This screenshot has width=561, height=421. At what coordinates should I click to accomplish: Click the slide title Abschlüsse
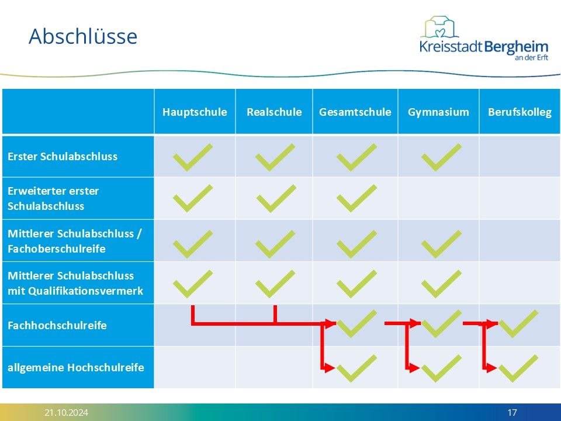(x=83, y=36)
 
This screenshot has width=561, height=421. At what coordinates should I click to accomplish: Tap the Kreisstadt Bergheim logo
(x=484, y=39)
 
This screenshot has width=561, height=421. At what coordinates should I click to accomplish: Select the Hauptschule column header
(x=195, y=112)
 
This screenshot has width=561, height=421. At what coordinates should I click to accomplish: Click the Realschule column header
(x=274, y=112)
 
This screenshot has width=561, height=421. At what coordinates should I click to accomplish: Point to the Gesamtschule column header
(x=355, y=112)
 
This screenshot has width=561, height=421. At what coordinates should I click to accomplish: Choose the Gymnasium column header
(x=438, y=112)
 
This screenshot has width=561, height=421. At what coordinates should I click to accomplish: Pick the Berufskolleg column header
(x=520, y=112)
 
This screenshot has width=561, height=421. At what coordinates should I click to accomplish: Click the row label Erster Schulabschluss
(x=63, y=157)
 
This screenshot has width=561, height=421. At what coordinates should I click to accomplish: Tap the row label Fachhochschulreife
(x=57, y=326)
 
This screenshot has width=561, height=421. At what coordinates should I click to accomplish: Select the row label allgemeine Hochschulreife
(x=76, y=368)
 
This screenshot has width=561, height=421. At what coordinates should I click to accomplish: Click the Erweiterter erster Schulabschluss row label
(x=53, y=198)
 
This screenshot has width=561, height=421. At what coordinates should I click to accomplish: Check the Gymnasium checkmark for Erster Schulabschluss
(x=442, y=157)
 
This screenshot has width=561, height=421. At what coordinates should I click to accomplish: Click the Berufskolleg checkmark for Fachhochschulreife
(x=519, y=323)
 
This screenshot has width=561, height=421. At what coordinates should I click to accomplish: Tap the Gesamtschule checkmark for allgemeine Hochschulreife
(x=356, y=368)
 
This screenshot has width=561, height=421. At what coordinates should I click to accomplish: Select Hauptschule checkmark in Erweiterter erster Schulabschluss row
(x=193, y=198)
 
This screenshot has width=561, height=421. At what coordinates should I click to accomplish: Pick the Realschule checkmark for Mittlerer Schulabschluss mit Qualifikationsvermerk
(x=275, y=284)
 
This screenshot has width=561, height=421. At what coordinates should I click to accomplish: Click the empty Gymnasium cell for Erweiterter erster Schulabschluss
(x=438, y=198)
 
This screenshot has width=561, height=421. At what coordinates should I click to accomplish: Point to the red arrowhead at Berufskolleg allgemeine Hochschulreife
(x=490, y=368)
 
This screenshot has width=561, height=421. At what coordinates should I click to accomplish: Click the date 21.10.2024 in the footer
(x=66, y=412)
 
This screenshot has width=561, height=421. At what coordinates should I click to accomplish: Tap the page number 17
(x=512, y=412)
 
